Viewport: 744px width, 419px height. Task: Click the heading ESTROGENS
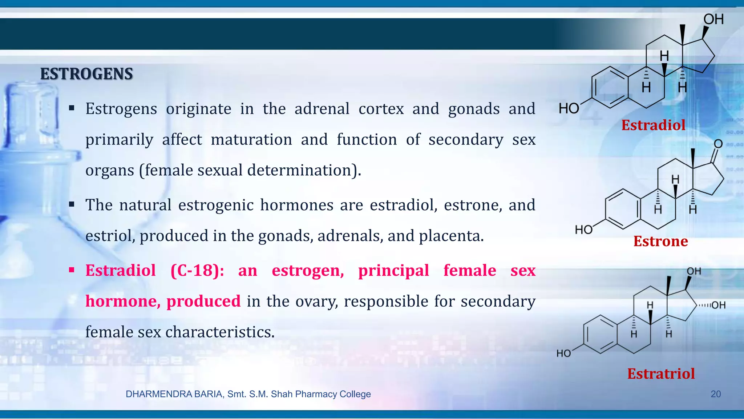(86, 74)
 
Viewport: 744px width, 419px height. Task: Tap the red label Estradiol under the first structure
(653, 125)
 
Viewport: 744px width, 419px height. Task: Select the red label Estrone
(660, 241)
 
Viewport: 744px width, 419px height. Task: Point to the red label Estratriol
(661, 374)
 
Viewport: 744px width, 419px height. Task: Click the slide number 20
(715, 394)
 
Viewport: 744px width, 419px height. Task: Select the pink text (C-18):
(197, 271)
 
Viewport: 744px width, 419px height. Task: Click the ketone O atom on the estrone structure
(718, 144)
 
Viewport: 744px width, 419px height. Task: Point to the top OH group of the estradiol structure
(713, 19)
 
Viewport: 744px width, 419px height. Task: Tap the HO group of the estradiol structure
(569, 108)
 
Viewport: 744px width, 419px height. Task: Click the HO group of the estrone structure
(584, 230)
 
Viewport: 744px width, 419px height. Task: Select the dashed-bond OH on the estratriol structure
(718, 305)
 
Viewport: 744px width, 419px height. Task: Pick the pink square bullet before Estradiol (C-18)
(72, 270)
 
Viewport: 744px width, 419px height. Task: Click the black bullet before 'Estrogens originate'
(72, 108)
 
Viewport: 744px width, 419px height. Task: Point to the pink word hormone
(122, 301)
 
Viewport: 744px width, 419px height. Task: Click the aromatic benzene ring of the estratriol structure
(600, 334)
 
